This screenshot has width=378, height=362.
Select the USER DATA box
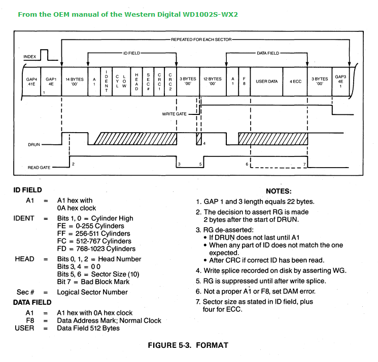tap(266, 82)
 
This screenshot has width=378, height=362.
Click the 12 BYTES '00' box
tap(212, 82)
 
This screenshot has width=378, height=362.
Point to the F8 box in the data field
tap(244, 82)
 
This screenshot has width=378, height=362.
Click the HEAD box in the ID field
tap(136, 82)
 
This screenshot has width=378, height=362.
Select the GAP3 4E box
tap(340, 82)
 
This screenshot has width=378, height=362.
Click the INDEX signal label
tap(30, 57)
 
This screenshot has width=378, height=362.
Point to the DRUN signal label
tap(34, 145)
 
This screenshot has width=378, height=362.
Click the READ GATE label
tap(39, 167)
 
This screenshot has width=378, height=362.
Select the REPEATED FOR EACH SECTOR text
tap(201, 38)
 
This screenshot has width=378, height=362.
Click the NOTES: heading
tap(279, 191)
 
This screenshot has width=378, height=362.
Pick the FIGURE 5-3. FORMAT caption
tap(188, 345)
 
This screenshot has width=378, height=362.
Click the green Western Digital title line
tap(128, 14)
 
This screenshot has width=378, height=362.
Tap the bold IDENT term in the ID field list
tap(24, 218)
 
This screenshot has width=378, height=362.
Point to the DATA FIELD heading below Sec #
tap(32, 302)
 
